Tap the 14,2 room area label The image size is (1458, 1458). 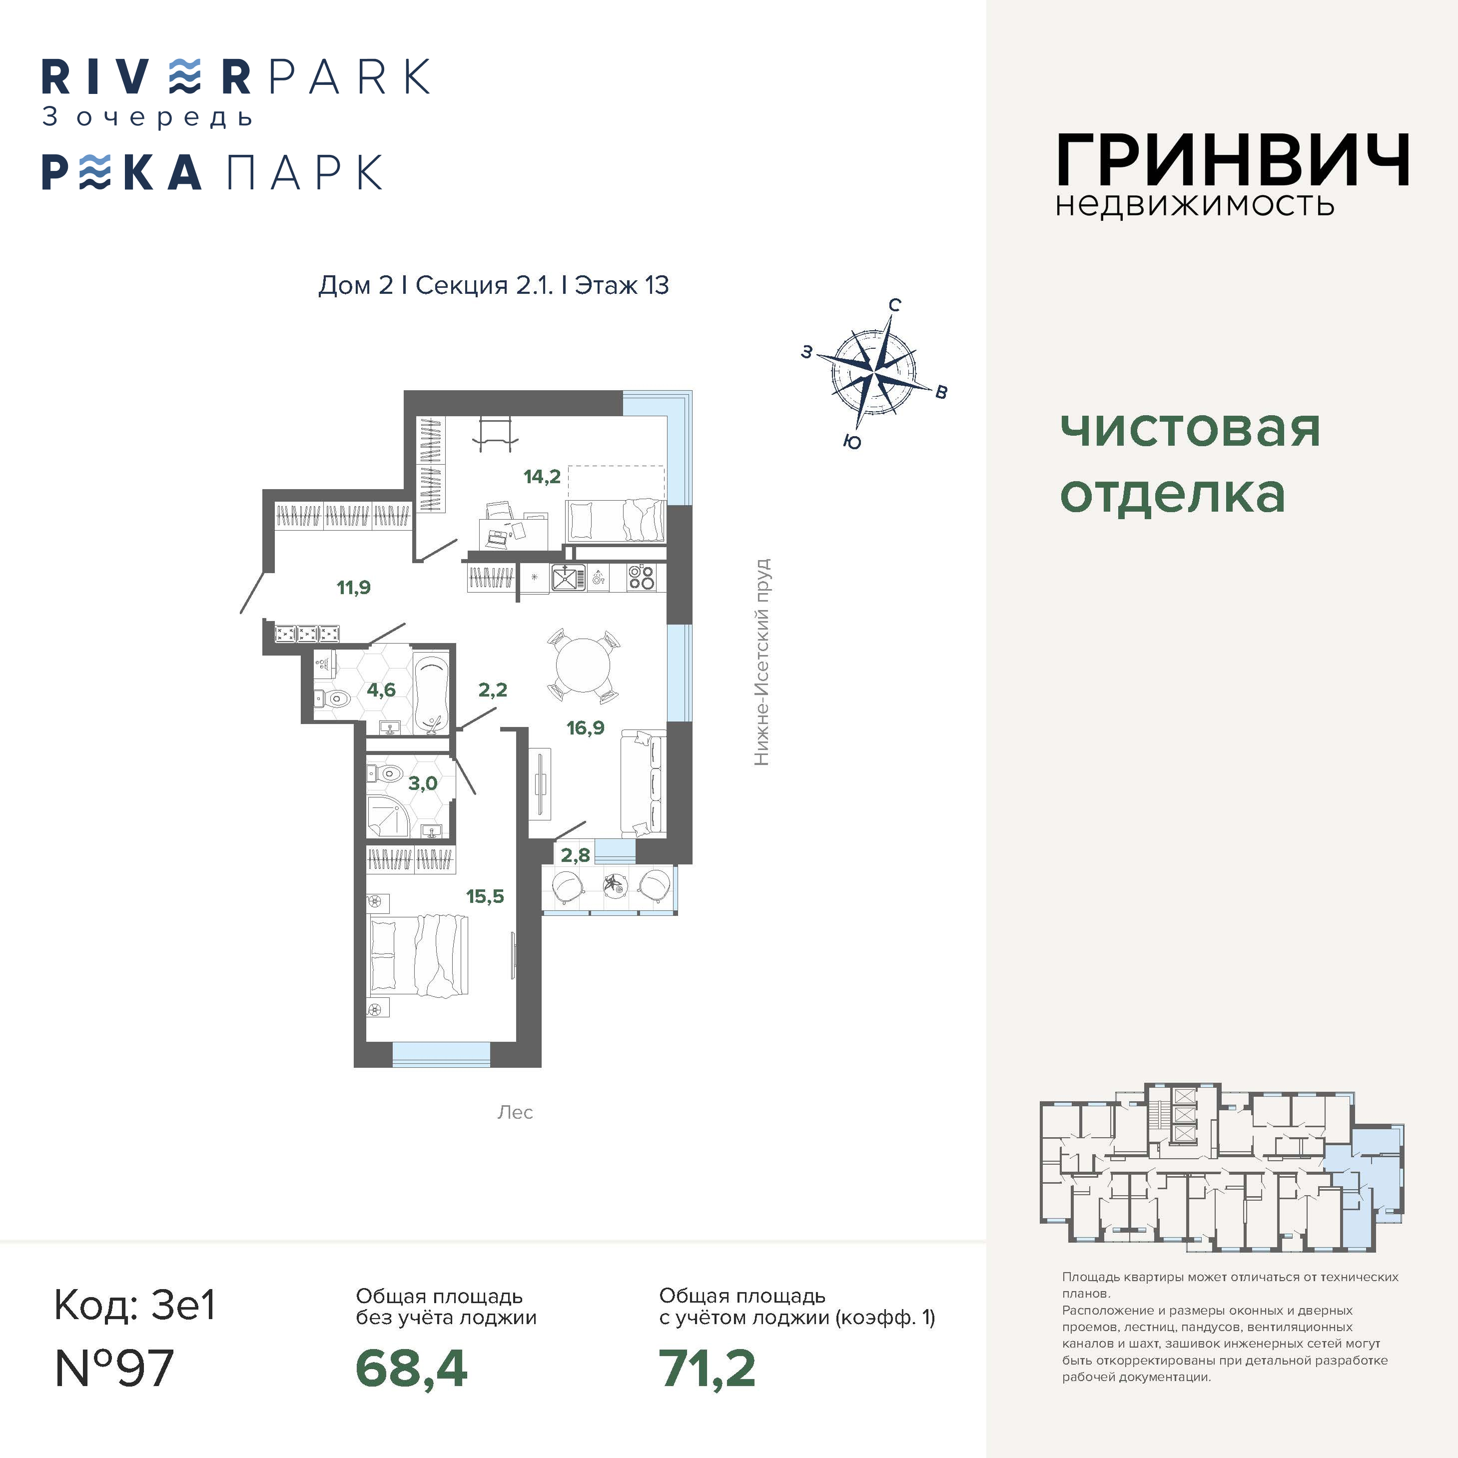coord(542,476)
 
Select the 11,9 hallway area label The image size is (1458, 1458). coord(353,587)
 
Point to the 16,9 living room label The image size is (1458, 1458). coord(586,728)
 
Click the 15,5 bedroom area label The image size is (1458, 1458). coord(485,896)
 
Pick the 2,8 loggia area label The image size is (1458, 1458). coord(575,855)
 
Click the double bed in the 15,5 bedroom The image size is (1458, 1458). coord(417,955)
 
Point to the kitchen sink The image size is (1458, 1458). coord(568,578)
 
